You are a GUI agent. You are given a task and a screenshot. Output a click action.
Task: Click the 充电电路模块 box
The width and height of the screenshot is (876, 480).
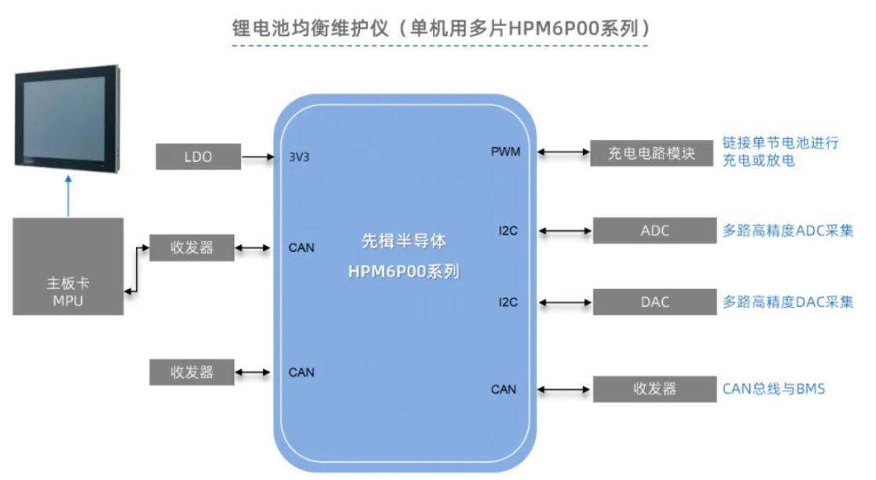click(x=653, y=152)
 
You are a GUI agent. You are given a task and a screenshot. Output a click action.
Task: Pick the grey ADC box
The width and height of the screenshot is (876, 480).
click(x=654, y=231)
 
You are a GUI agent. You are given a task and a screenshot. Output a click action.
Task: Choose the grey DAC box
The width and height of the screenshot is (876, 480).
click(x=654, y=302)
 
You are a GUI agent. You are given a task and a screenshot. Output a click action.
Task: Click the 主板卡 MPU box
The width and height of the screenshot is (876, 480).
click(x=68, y=267)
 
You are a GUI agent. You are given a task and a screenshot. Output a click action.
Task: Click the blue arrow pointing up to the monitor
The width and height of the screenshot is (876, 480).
click(x=68, y=196)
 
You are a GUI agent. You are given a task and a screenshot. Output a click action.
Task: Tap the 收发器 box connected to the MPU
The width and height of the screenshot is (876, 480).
click(x=192, y=248)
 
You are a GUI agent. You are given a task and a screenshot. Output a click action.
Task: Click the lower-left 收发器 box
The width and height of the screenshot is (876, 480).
click(x=192, y=372)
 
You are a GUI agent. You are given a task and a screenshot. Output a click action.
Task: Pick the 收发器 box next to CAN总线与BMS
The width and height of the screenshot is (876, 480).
click(x=654, y=388)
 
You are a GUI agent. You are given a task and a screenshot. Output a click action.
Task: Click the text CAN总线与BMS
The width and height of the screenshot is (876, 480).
click(x=773, y=388)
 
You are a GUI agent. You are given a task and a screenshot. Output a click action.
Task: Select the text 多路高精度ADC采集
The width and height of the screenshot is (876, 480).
click(x=787, y=231)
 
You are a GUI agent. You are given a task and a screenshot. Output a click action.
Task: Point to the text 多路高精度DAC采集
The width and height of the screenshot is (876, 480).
click(x=787, y=302)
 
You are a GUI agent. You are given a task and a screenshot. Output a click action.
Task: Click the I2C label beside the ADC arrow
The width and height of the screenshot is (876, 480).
click(x=508, y=231)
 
